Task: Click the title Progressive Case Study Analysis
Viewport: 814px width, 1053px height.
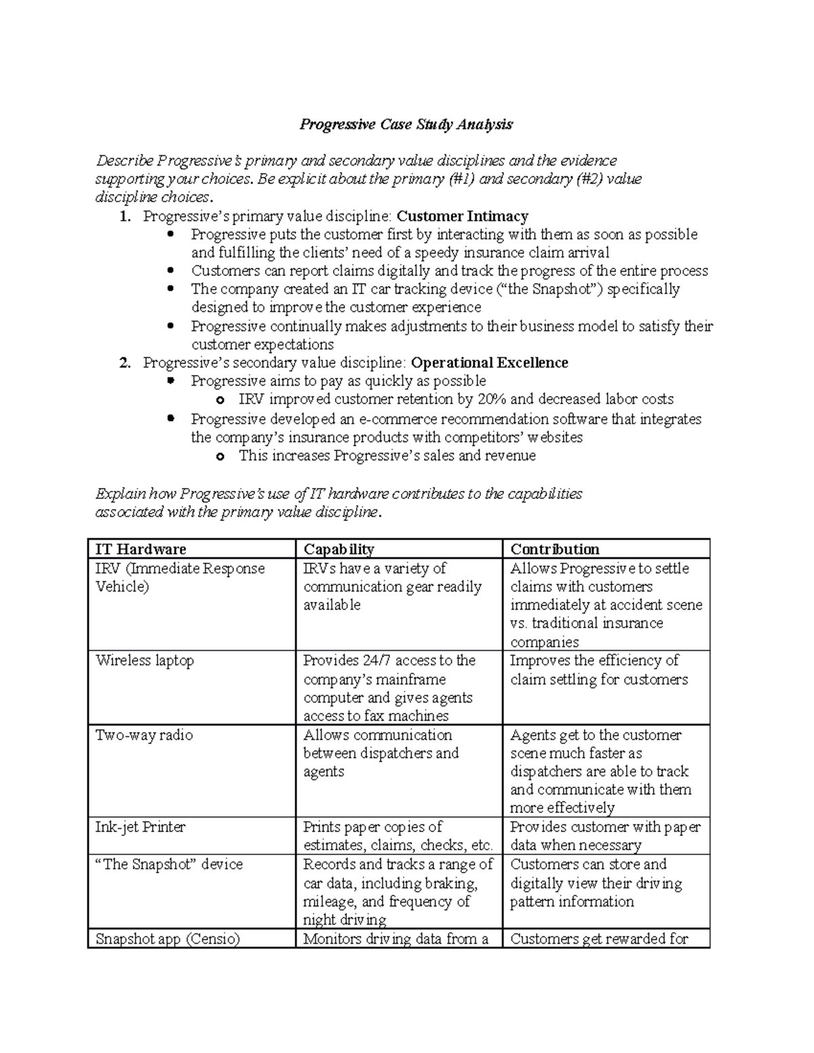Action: [406, 124]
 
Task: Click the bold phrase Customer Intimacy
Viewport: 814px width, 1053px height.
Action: [462, 216]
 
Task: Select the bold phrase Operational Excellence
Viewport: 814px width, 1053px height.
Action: [489, 363]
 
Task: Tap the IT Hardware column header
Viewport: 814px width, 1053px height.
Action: [140, 549]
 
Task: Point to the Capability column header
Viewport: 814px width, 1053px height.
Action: [338, 549]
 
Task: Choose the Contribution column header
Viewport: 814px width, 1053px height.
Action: [554, 549]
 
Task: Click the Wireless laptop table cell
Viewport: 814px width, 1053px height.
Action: [144, 660]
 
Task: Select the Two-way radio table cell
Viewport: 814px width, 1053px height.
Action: [144, 735]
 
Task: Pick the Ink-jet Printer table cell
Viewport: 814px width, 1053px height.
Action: [140, 827]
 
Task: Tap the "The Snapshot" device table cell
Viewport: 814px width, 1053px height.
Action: [169, 865]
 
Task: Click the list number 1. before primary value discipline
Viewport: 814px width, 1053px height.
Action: [124, 217]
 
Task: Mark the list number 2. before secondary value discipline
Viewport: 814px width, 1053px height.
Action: [124, 363]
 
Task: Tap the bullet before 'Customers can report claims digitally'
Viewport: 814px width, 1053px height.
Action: [170, 271]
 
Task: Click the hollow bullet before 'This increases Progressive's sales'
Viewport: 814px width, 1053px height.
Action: [218, 456]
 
